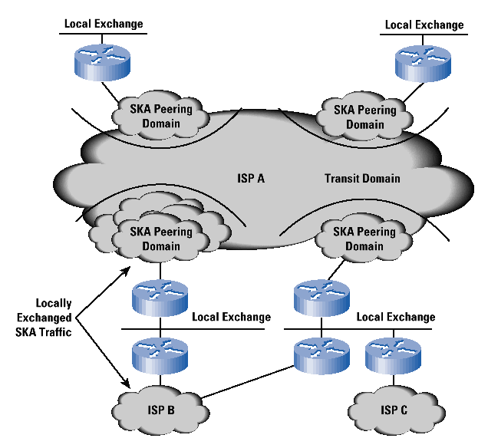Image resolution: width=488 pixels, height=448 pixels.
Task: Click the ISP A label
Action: click(x=251, y=179)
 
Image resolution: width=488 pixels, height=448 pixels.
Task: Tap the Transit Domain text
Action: click(x=362, y=179)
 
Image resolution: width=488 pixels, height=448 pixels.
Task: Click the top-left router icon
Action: click(x=102, y=60)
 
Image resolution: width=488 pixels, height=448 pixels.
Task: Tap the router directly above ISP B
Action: click(x=160, y=356)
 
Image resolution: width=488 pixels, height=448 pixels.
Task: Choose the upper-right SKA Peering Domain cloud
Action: click(x=365, y=116)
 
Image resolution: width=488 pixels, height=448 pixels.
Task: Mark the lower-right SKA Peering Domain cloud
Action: click(x=365, y=239)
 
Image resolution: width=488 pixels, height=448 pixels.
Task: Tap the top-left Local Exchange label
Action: click(x=103, y=24)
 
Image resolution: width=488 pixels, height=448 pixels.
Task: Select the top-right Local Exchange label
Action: click(x=424, y=25)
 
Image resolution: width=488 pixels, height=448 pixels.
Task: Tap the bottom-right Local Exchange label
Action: click(x=396, y=317)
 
